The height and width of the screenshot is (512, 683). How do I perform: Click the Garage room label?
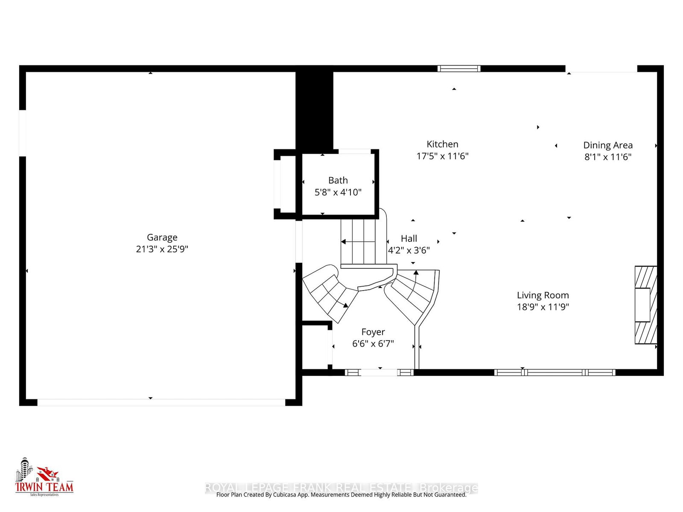click(x=162, y=237)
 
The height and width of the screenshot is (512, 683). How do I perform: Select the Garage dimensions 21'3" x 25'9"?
click(x=162, y=249)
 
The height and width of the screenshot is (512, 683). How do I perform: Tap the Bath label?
click(x=338, y=180)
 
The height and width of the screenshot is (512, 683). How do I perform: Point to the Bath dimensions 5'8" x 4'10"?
click(x=338, y=192)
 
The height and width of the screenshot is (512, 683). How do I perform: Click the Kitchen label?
click(x=442, y=144)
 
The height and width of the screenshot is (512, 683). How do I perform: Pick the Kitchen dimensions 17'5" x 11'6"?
click(x=442, y=156)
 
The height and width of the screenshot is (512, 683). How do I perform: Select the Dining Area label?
click(x=607, y=145)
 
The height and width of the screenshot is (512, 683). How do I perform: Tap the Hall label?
click(x=409, y=239)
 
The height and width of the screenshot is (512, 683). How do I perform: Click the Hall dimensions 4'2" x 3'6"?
click(x=409, y=250)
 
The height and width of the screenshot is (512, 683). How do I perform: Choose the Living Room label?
click(x=543, y=295)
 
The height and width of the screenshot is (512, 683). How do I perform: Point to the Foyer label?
click(x=373, y=332)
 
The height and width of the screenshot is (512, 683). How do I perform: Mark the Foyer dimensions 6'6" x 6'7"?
click(x=373, y=343)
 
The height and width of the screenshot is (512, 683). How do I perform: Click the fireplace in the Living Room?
click(x=645, y=305)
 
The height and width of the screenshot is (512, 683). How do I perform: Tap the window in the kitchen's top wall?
click(x=459, y=68)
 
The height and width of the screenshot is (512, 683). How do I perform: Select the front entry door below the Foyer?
click(x=379, y=372)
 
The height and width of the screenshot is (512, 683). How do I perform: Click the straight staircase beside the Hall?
click(x=358, y=241)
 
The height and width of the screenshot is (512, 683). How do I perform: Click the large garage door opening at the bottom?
click(x=161, y=402)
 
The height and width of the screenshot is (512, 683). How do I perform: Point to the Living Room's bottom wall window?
click(x=555, y=372)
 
